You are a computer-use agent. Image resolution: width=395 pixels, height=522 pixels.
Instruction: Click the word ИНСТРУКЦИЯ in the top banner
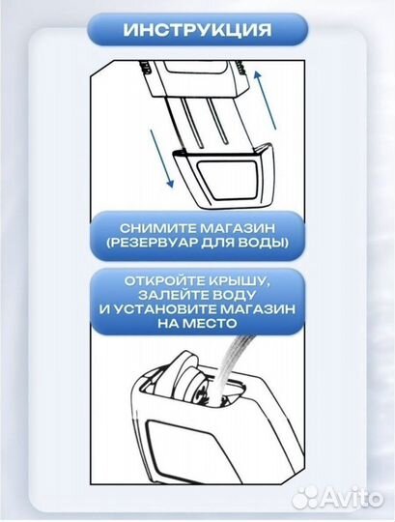coord(197,30)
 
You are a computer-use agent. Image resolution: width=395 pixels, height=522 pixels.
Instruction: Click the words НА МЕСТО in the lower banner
coord(198,328)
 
